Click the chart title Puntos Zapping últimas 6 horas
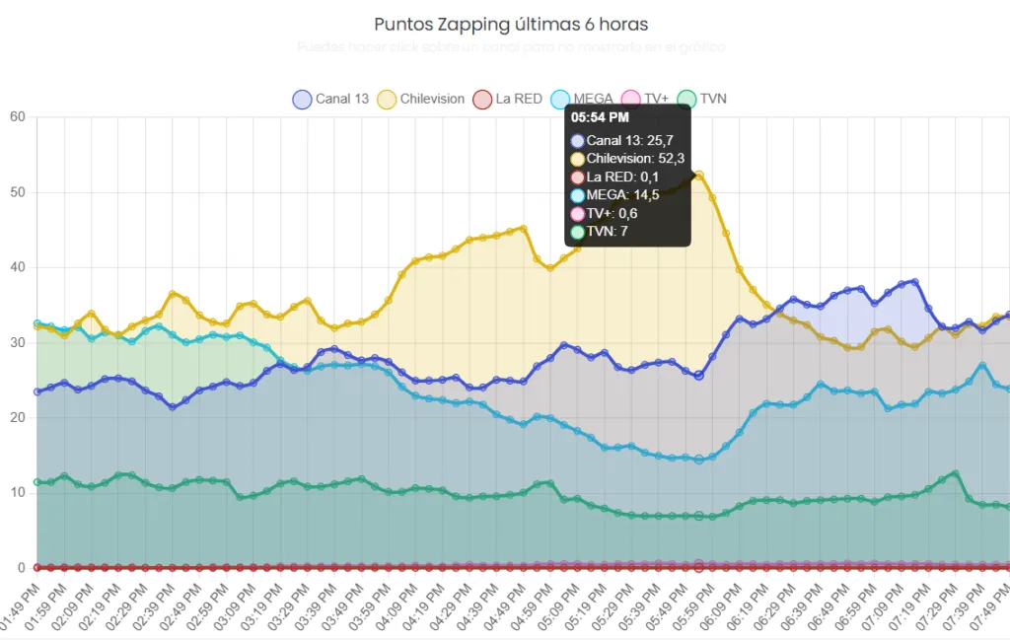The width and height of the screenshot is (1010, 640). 511,24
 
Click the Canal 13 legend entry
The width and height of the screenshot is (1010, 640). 330,99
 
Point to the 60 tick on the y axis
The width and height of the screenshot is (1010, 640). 17,116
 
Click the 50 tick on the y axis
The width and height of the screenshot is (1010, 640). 17,192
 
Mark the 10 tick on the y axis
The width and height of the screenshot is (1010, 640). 17,492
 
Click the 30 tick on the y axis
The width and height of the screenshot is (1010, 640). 17,342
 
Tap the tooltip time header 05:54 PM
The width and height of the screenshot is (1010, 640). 600,118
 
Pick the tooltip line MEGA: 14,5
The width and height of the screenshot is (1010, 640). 614,195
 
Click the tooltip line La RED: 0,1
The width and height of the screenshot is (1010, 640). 615,177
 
